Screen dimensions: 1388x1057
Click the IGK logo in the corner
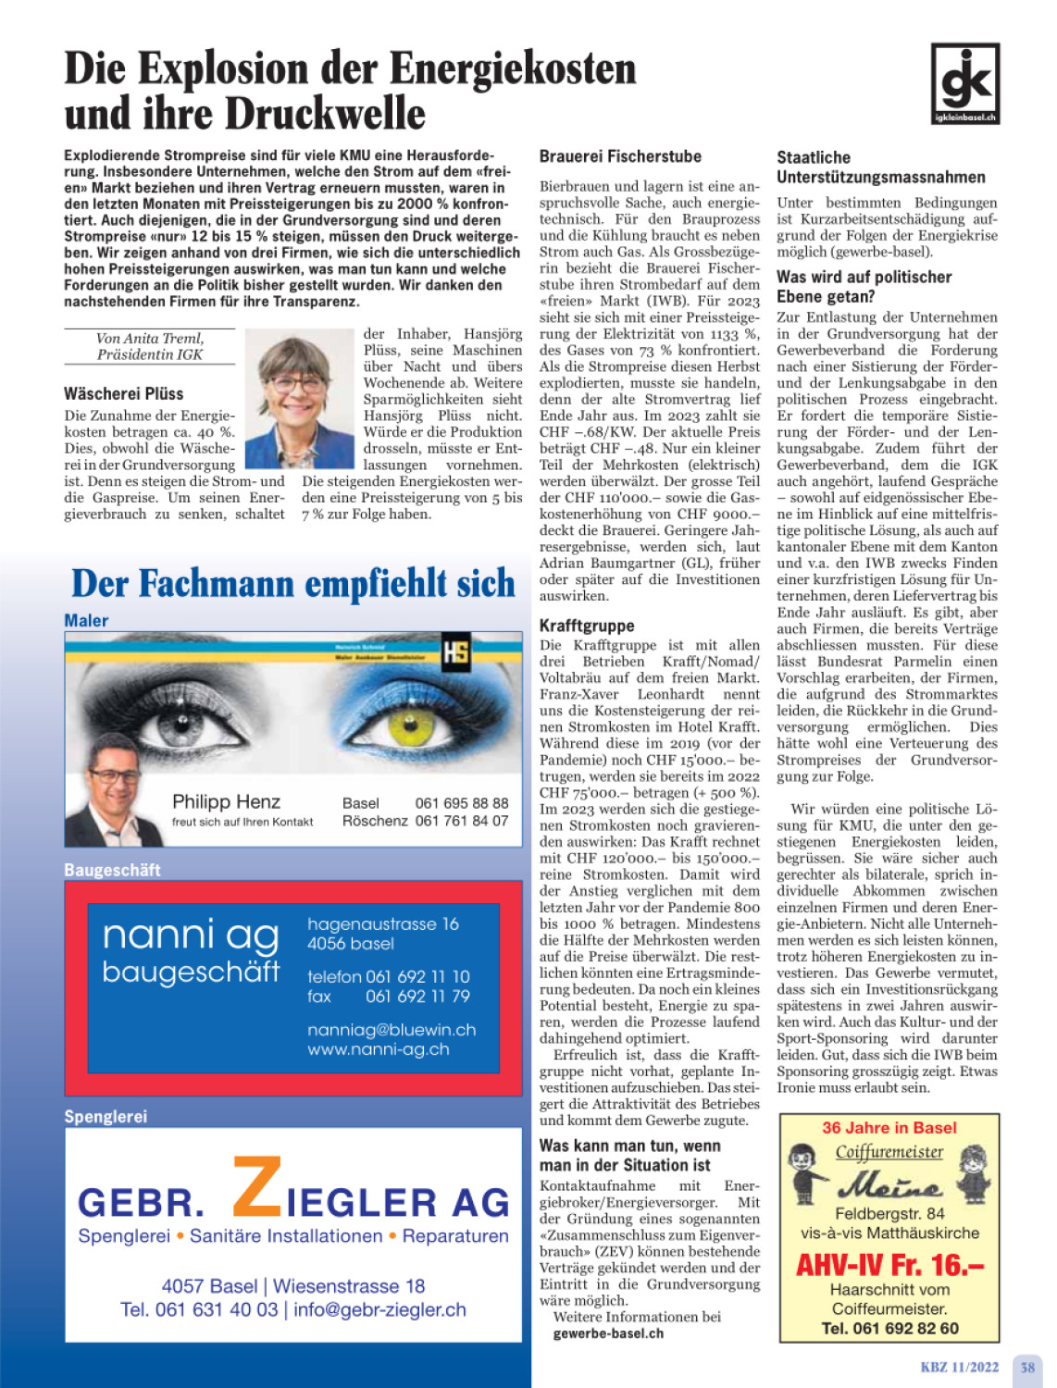coord(965,83)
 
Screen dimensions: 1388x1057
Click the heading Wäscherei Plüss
coord(123,393)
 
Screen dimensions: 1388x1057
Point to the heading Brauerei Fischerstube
coord(620,156)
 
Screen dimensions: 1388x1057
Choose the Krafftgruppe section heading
coord(587,626)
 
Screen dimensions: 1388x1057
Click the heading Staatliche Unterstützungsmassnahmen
coord(880,167)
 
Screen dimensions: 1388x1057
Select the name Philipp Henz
coord(226,801)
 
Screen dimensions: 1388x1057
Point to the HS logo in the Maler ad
coord(455,651)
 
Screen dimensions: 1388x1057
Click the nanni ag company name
coord(191,936)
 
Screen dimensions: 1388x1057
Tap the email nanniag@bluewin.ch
coord(392,1030)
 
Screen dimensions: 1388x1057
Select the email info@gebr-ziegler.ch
coord(379,1309)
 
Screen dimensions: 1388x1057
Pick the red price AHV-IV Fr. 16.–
coord(889,1265)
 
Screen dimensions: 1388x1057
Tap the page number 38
coord(1027,1367)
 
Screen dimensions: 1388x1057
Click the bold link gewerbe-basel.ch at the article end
coord(608,1333)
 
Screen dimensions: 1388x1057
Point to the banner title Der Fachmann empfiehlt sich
coord(293,584)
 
